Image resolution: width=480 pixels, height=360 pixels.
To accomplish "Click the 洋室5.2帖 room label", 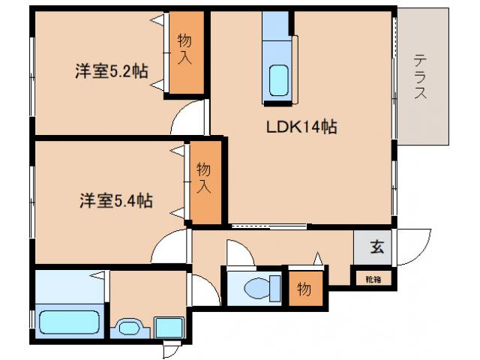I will click(x=111, y=72).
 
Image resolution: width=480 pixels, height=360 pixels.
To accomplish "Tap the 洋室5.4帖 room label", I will click(x=117, y=200).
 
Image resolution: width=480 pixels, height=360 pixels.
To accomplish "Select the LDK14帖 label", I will click(x=301, y=127).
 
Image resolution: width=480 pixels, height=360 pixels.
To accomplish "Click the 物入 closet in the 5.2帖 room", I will click(x=184, y=52).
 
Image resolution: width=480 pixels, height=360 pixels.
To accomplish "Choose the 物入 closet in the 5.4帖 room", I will click(x=204, y=180).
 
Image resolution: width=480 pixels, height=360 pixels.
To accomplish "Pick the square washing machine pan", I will click(x=169, y=328).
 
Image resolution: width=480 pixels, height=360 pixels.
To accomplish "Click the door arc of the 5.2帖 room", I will click(x=187, y=120).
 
